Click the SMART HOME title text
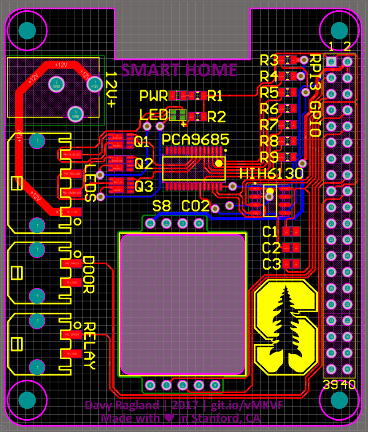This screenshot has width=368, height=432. coord(179,70)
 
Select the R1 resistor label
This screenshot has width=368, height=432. coord(215,97)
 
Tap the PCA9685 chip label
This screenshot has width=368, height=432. coord(195,139)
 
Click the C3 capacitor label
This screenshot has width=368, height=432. coord(271,264)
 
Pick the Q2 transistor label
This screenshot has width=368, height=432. coord(144,164)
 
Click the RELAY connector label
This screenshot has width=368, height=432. coord(90,346)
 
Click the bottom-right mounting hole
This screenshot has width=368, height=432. coord(339,400)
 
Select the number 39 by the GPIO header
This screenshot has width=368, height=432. coord(330,385)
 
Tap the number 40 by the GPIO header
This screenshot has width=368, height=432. coord(348,385)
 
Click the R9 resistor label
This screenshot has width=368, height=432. coord(269,157)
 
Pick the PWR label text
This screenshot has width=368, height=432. coord(153,97)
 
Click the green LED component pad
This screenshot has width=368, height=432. coord(178,115)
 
